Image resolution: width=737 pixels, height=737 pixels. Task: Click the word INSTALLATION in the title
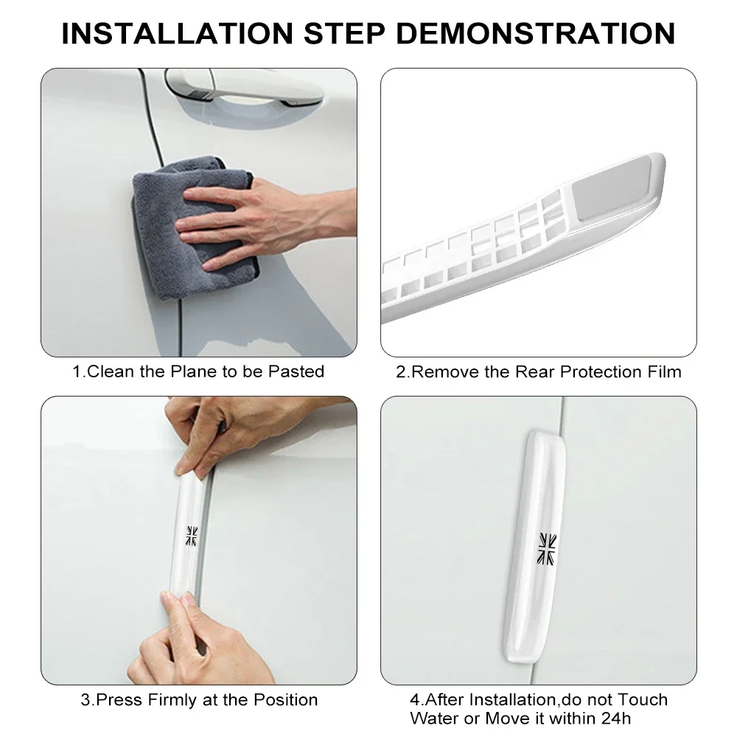(177, 33)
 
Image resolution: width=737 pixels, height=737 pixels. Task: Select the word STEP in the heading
(344, 33)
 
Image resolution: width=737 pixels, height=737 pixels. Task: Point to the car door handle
(245, 88)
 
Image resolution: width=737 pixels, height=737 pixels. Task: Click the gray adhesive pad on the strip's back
(610, 189)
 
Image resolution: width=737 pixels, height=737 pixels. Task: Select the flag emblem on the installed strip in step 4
(547, 549)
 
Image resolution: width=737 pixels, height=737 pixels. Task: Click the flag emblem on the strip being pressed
(192, 536)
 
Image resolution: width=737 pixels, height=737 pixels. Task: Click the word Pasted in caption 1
(296, 371)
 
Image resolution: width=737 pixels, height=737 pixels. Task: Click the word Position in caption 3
(286, 699)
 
